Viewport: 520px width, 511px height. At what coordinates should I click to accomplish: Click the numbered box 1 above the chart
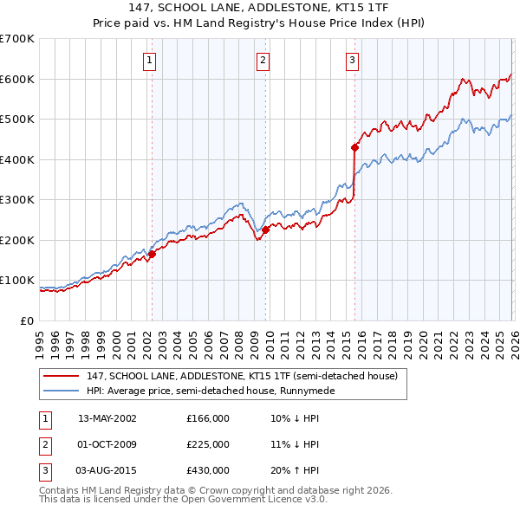(x=150, y=60)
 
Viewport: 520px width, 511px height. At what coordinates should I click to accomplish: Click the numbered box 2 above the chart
(x=263, y=60)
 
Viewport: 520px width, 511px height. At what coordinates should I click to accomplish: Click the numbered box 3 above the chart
(x=353, y=60)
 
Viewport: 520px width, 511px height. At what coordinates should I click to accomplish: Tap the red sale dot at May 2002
(x=152, y=254)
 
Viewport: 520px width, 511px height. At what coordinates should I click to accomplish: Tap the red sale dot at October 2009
(x=265, y=230)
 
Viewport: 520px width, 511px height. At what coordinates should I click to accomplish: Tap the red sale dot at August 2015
(x=354, y=147)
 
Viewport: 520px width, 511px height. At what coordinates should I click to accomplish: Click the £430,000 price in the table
(x=208, y=470)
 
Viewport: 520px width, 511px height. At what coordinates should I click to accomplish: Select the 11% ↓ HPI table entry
(x=295, y=444)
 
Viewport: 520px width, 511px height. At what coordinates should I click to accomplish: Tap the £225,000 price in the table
(x=208, y=444)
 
